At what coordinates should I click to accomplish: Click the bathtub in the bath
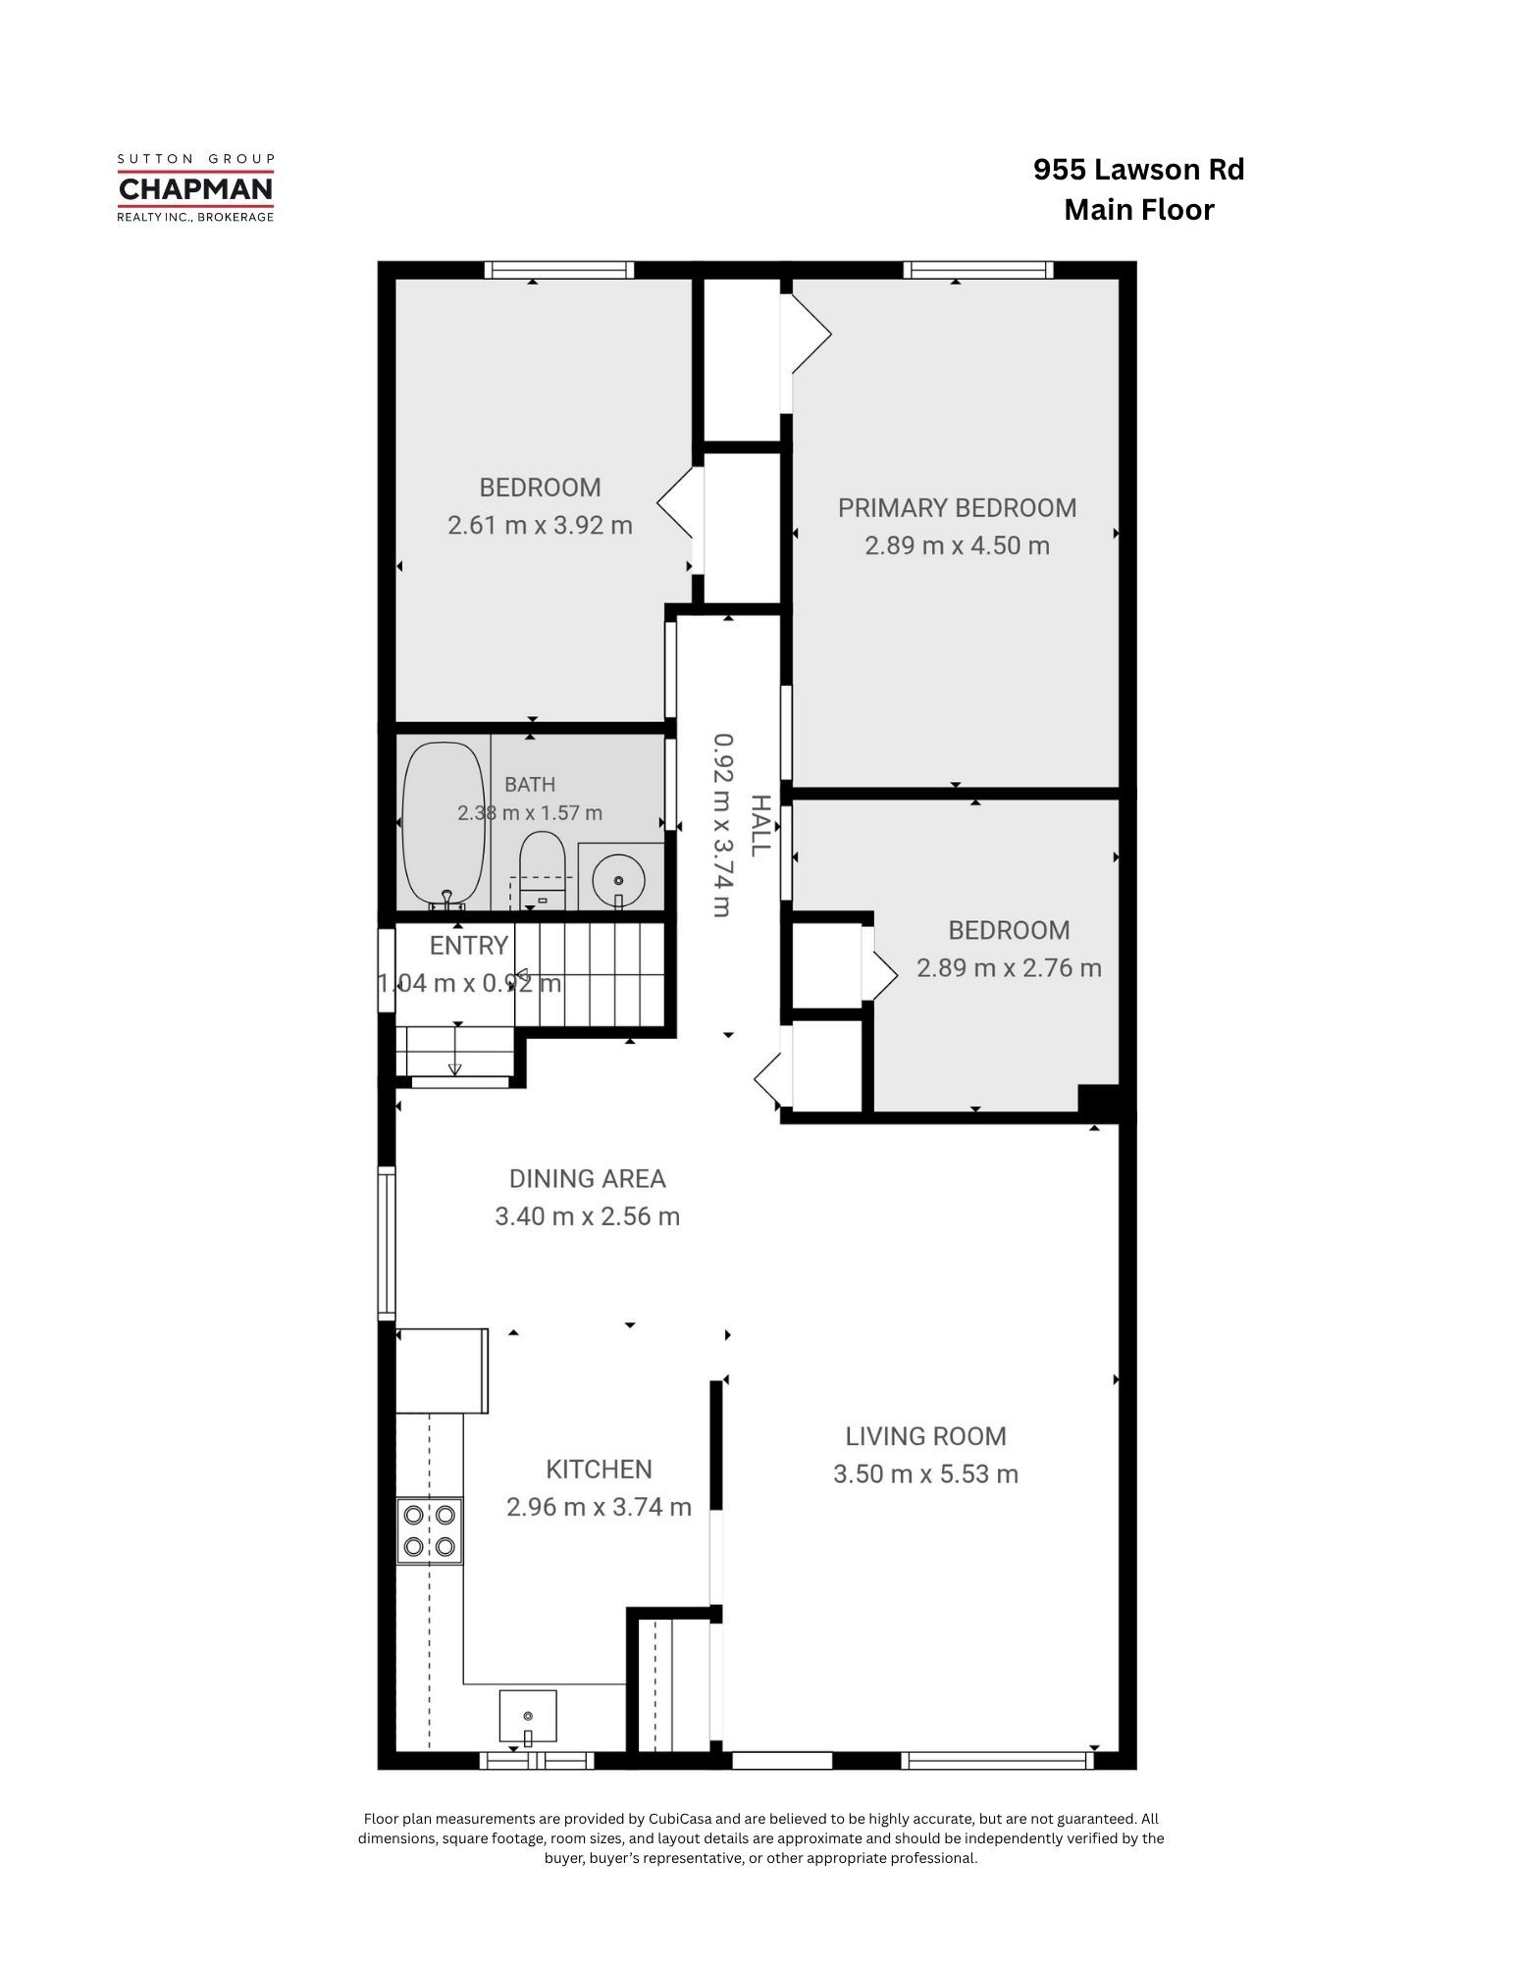pyautogui.click(x=444, y=824)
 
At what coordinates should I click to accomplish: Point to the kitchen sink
pyautogui.click(x=528, y=1718)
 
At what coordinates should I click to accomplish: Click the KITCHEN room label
pyautogui.click(x=599, y=1469)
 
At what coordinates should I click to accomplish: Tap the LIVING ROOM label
pyautogui.click(x=925, y=1436)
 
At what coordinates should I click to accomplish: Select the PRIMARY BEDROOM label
pyautogui.click(x=957, y=508)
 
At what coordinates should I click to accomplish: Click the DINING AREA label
pyautogui.click(x=587, y=1178)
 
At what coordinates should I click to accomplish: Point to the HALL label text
pyautogui.click(x=758, y=825)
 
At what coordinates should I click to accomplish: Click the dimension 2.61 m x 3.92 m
pyautogui.click(x=540, y=526)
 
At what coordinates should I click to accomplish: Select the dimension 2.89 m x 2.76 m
pyautogui.click(x=1009, y=968)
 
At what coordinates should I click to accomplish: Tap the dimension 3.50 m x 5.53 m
pyautogui.click(x=925, y=1473)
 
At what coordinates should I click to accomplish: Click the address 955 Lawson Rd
pyautogui.click(x=1138, y=170)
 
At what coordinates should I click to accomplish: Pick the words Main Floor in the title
pyautogui.click(x=1139, y=210)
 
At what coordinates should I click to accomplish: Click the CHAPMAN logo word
pyautogui.click(x=195, y=187)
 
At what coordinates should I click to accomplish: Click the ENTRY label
pyautogui.click(x=469, y=946)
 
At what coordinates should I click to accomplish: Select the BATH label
pyautogui.click(x=530, y=785)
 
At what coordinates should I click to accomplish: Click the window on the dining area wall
pyautogui.click(x=387, y=1242)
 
